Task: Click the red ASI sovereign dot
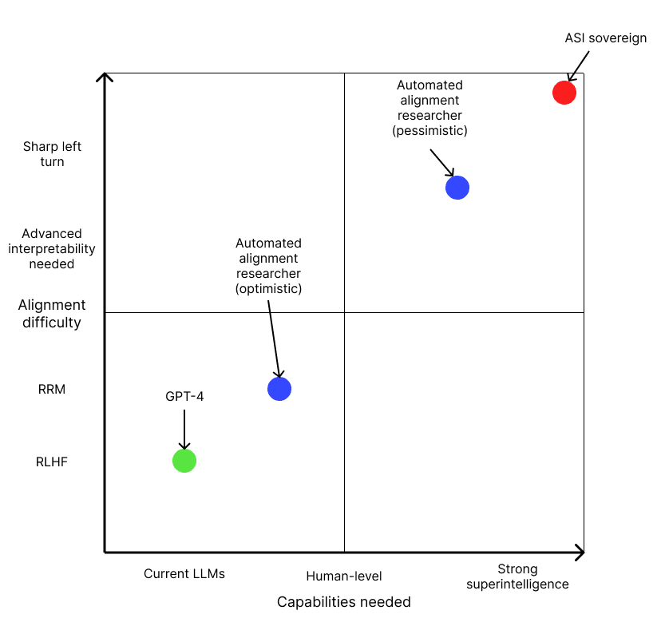coord(564,93)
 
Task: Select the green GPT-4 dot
coord(184,461)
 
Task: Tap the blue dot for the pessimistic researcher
coord(457,188)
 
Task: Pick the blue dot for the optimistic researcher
coord(279,389)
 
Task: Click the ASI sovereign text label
coord(605,38)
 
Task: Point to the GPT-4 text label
coord(184,396)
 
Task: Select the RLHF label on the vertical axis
coord(52,461)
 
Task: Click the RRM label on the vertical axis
coord(52,390)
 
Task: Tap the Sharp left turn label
coord(52,154)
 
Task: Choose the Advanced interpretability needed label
coord(58,248)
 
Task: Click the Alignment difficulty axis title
coord(52,314)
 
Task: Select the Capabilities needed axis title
coord(343,602)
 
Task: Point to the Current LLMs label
coord(184,573)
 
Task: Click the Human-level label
coord(344,576)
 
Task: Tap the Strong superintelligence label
coord(517,577)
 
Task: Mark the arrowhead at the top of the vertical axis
coord(105,77)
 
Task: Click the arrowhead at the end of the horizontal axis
coord(579,552)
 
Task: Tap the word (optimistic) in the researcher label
coord(268,288)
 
